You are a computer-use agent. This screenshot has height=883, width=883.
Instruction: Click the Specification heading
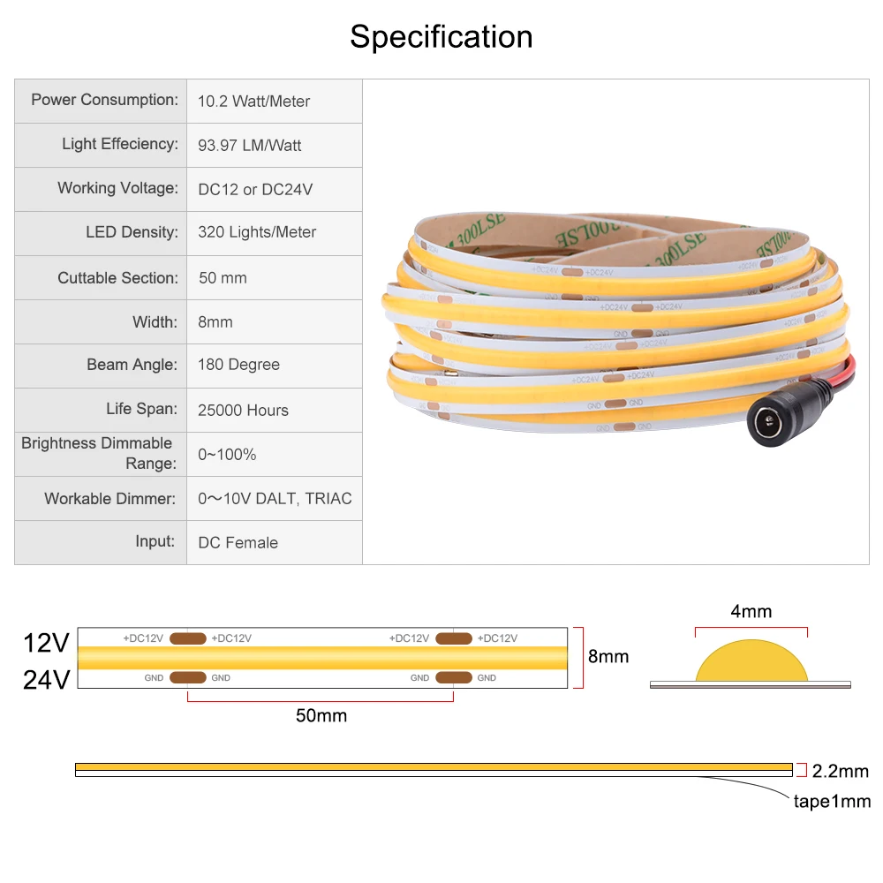click(441, 37)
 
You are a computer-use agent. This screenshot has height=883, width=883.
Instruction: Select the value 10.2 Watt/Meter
click(253, 102)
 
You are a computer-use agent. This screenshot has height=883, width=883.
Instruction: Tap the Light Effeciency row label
click(119, 144)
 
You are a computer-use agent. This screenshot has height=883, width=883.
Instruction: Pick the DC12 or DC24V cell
click(255, 189)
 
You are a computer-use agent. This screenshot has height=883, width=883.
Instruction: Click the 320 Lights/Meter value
click(257, 232)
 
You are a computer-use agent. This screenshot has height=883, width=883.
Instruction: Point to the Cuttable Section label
click(117, 277)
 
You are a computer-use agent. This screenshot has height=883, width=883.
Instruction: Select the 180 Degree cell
click(238, 365)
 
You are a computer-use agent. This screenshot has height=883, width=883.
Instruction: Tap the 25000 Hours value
click(243, 410)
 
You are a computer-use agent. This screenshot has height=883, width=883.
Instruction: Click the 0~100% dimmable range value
click(227, 455)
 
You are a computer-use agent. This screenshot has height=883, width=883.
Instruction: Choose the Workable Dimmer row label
click(110, 499)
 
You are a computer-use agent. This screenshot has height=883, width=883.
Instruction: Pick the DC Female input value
click(238, 543)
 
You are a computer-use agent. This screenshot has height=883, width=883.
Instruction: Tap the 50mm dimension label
click(321, 716)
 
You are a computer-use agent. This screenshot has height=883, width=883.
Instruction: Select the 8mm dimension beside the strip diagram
click(608, 656)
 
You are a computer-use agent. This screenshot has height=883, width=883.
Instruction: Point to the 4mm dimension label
click(751, 611)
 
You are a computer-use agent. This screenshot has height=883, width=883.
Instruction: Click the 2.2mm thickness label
click(841, 771)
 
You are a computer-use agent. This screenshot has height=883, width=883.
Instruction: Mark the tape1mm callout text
click(831, 801)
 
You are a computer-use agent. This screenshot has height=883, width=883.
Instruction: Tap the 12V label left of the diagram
click(46, 643)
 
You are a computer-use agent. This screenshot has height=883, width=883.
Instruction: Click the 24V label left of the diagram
click(46, 679)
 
